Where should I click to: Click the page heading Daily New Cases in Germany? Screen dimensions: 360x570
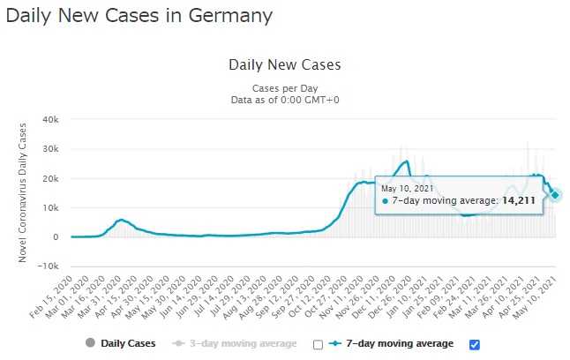point(139,16)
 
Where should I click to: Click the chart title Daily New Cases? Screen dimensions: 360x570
point(284,64)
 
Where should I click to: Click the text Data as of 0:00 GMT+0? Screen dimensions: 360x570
point(284,100)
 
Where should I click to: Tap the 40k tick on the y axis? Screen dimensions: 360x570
point(49,119)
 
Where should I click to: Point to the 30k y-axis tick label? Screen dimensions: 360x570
point(49,149)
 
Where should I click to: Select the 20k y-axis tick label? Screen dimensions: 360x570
point(49,178)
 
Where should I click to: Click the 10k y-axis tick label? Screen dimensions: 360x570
point(49,207)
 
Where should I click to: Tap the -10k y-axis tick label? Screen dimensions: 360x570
point(47,266)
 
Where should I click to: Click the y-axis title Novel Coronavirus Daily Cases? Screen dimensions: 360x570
point(23,192)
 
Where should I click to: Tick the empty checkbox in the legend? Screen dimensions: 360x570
point(318,344)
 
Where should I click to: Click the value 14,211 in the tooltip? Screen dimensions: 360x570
point(519,201)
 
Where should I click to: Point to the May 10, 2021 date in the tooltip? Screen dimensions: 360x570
point(407,188)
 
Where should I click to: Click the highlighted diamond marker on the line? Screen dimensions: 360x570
point(555,195)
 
